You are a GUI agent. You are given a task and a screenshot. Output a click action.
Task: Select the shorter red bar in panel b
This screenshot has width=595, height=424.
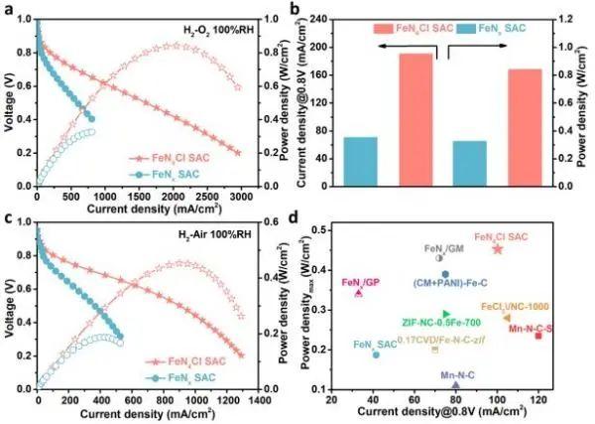[x=525, y=127]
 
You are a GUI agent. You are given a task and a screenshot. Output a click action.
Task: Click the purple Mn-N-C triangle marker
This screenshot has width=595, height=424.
[x=455, y=384]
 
